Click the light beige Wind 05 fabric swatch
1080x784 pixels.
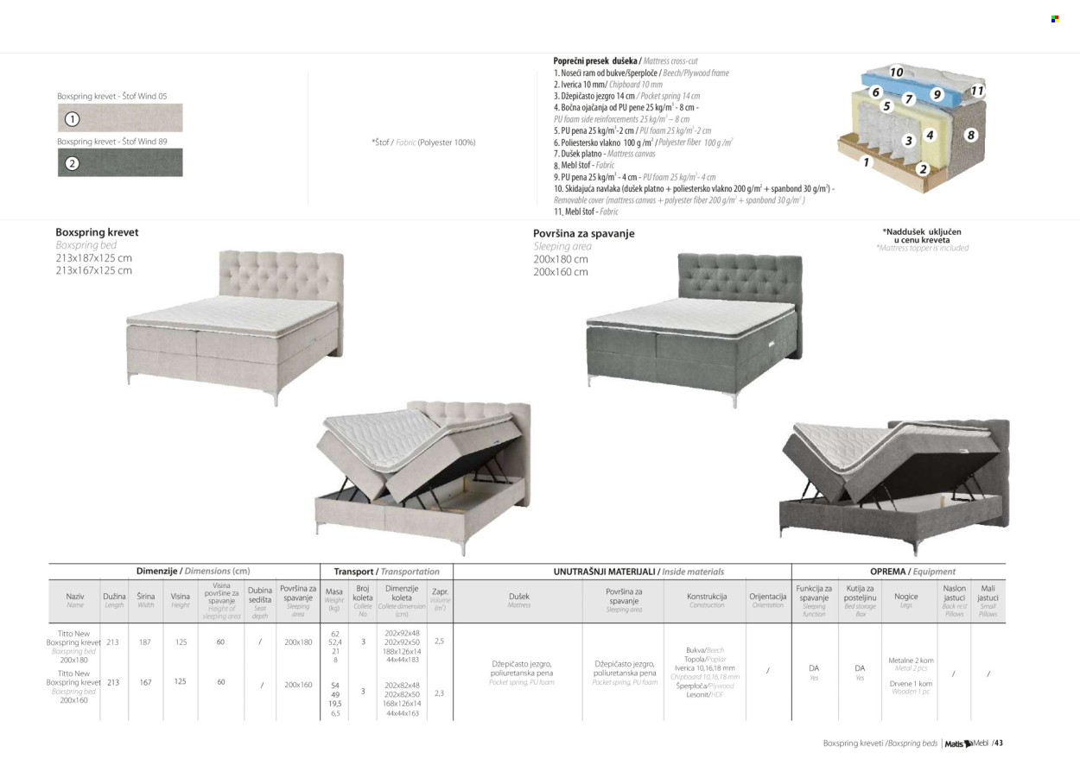click(x=120, y=118)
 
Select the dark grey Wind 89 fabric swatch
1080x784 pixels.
click(x=120, y=162)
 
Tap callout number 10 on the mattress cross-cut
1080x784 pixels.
click(x=896, y=73)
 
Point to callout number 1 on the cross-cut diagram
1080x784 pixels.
click(x=867, y=161)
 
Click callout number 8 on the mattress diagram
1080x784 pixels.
click(x=970, y=135)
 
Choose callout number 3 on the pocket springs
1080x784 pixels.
click(x=908, y=140)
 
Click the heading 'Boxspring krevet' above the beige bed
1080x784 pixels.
click(x=97, y=232)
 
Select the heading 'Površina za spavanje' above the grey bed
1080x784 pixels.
click(x=583, y=233)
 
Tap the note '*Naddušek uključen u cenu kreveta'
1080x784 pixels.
click(x=921, y=236)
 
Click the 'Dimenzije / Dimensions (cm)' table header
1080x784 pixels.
click(x=193, y=572)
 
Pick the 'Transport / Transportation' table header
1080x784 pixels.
click(x=386, y=572)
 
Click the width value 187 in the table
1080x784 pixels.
click(x=145, y=642)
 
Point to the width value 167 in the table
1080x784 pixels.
click(x=145, y=682)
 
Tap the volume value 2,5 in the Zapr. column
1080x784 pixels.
click(x=439, y=642)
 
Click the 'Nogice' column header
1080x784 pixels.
click(x=906, y=596)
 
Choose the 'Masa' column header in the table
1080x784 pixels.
click(x=334, y=592)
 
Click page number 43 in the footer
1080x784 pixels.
click(x=998, y=743)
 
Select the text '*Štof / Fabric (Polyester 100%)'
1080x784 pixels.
click(x=423, y=142)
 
